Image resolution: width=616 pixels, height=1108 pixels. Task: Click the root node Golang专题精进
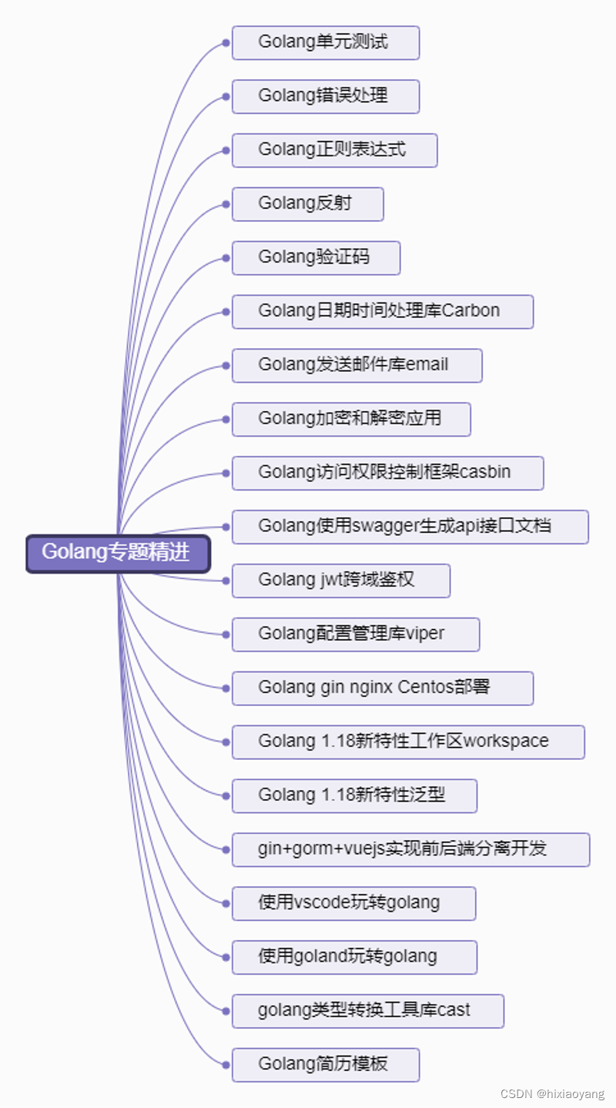point(117,554)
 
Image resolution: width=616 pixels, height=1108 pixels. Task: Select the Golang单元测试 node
point(325,42)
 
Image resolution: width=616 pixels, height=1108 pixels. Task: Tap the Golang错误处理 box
point(325,96)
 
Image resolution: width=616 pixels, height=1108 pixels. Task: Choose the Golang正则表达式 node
point(334,150)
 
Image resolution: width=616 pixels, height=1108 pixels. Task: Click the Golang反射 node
point(307,204)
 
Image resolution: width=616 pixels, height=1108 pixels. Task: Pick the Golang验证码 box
point(316,258)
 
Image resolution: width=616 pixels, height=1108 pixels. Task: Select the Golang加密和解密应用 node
point(351,419)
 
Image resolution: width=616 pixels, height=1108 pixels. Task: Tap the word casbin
point(485,472)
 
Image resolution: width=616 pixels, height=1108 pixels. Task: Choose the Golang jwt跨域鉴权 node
point(340,580)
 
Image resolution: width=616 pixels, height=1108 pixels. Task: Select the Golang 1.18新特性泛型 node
point(354,795)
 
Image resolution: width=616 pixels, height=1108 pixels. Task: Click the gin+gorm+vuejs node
point(410,849)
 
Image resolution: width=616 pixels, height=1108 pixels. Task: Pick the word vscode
point(322,902)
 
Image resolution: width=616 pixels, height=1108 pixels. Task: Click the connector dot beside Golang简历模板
point(226,1065)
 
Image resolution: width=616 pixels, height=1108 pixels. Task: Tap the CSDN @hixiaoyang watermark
point(552,1094)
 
